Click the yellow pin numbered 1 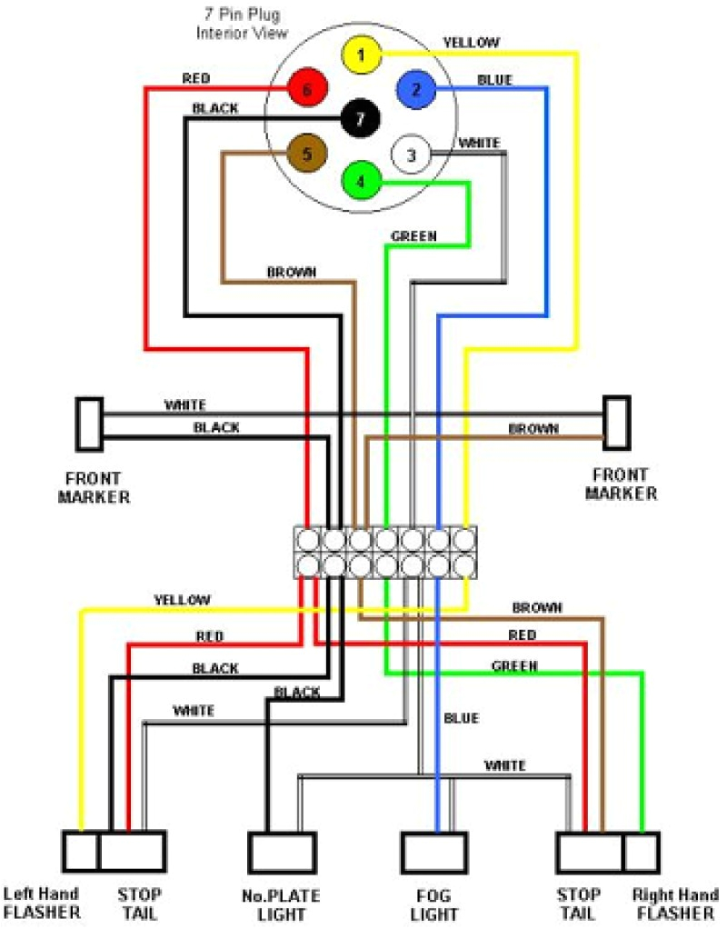361,55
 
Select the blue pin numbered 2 416,89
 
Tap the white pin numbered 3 410,155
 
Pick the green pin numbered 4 361,181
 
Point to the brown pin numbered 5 306,155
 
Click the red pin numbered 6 306,89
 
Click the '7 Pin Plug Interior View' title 243,25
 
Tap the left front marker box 89,424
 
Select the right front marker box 617,423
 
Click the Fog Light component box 434,853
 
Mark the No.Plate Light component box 283,853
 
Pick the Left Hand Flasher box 80,852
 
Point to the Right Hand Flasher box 642,853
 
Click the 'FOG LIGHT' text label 433,904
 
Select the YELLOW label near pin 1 471,42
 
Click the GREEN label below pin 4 413,236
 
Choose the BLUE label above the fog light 461,718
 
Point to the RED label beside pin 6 196,78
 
